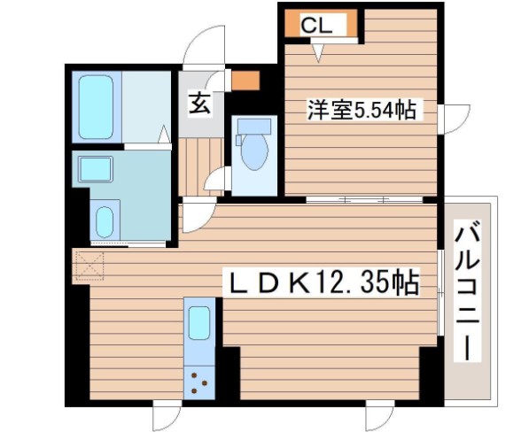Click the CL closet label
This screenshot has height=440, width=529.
[x=316, y=27]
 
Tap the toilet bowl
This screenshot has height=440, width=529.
[x=253, y=148]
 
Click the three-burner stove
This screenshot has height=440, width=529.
[x=198, y=382]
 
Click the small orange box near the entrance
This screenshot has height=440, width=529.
[x=245, y=82]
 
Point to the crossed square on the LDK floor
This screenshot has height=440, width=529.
[x=89, y=264]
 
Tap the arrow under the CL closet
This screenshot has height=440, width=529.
[x=317, y=52]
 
